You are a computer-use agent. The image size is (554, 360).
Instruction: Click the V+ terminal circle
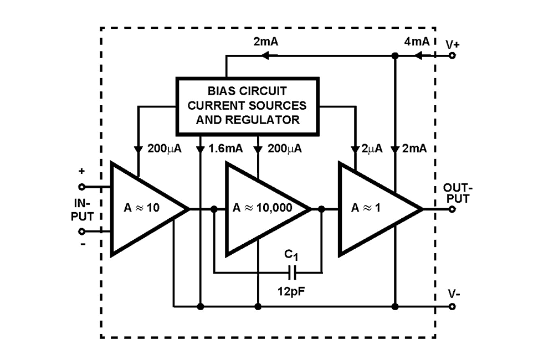point(453,55)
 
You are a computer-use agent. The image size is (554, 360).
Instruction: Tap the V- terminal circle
point(453,306)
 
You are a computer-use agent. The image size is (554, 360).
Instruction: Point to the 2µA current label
point(372,150)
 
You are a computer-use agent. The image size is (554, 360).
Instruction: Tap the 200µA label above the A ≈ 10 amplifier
point(167,150)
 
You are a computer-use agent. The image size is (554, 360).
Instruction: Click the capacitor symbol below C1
point(293,272)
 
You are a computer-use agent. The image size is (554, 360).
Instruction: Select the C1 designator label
point(292,255)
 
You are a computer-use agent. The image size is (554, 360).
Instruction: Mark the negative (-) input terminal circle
point(82,232)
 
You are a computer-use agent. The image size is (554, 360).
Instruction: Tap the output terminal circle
point(453,209)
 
